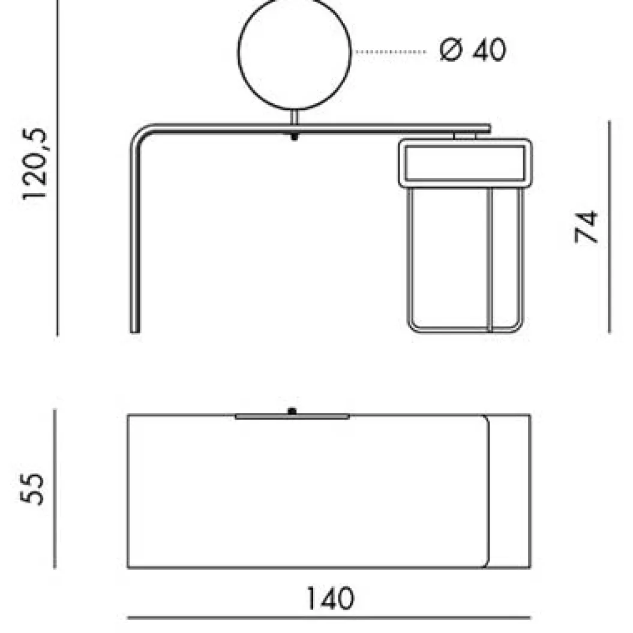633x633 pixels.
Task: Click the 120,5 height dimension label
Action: pyautogui.click(x=35, y=163)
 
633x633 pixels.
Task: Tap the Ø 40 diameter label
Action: pyautogui.click(x=472, y=50)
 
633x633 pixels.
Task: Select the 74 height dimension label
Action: pyautogui.click(x=586, y=226)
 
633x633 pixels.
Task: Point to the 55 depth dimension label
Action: pyautogui.click(x=32, y=489)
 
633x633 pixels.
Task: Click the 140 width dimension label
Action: pyautogui.click(x=331, y=598)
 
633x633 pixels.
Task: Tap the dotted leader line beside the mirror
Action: pyautogui.click(x=390, y=52)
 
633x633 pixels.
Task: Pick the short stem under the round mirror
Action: pyautogui.click(x=294, y=117)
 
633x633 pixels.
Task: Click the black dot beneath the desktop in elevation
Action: pyautogui.click(x=294, y=137)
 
